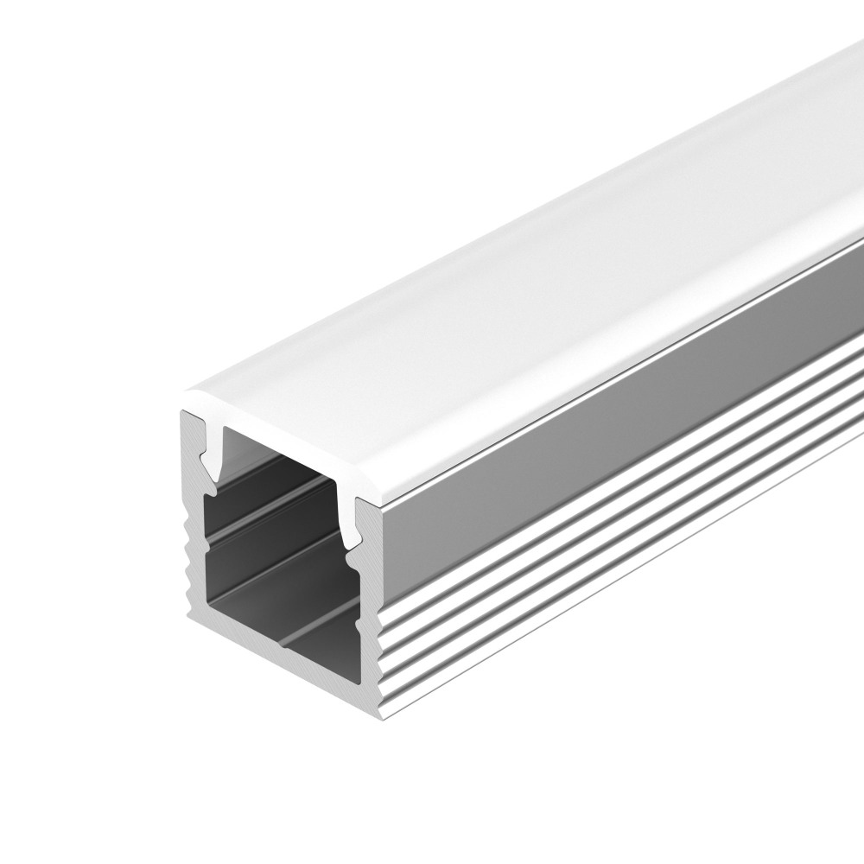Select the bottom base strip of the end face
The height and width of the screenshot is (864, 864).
pos(285,657)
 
